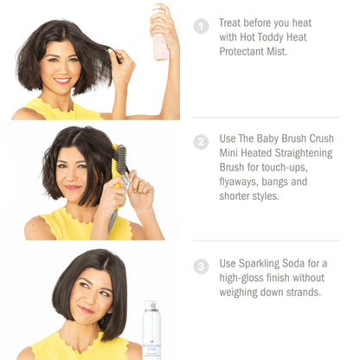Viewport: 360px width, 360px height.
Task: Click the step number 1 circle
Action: (201, 26)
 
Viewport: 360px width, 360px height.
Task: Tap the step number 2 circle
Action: (201, 142)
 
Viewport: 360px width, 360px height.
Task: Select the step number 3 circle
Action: (201, 267)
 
